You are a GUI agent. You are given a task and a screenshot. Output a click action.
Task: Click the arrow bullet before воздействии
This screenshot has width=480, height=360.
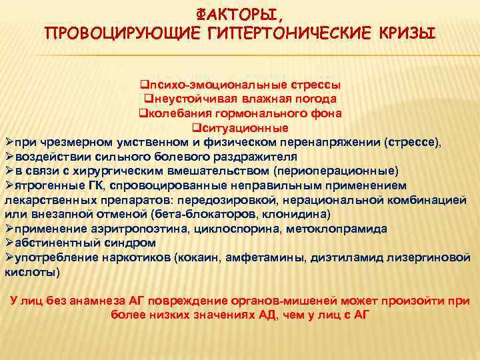tap(9, 155)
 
